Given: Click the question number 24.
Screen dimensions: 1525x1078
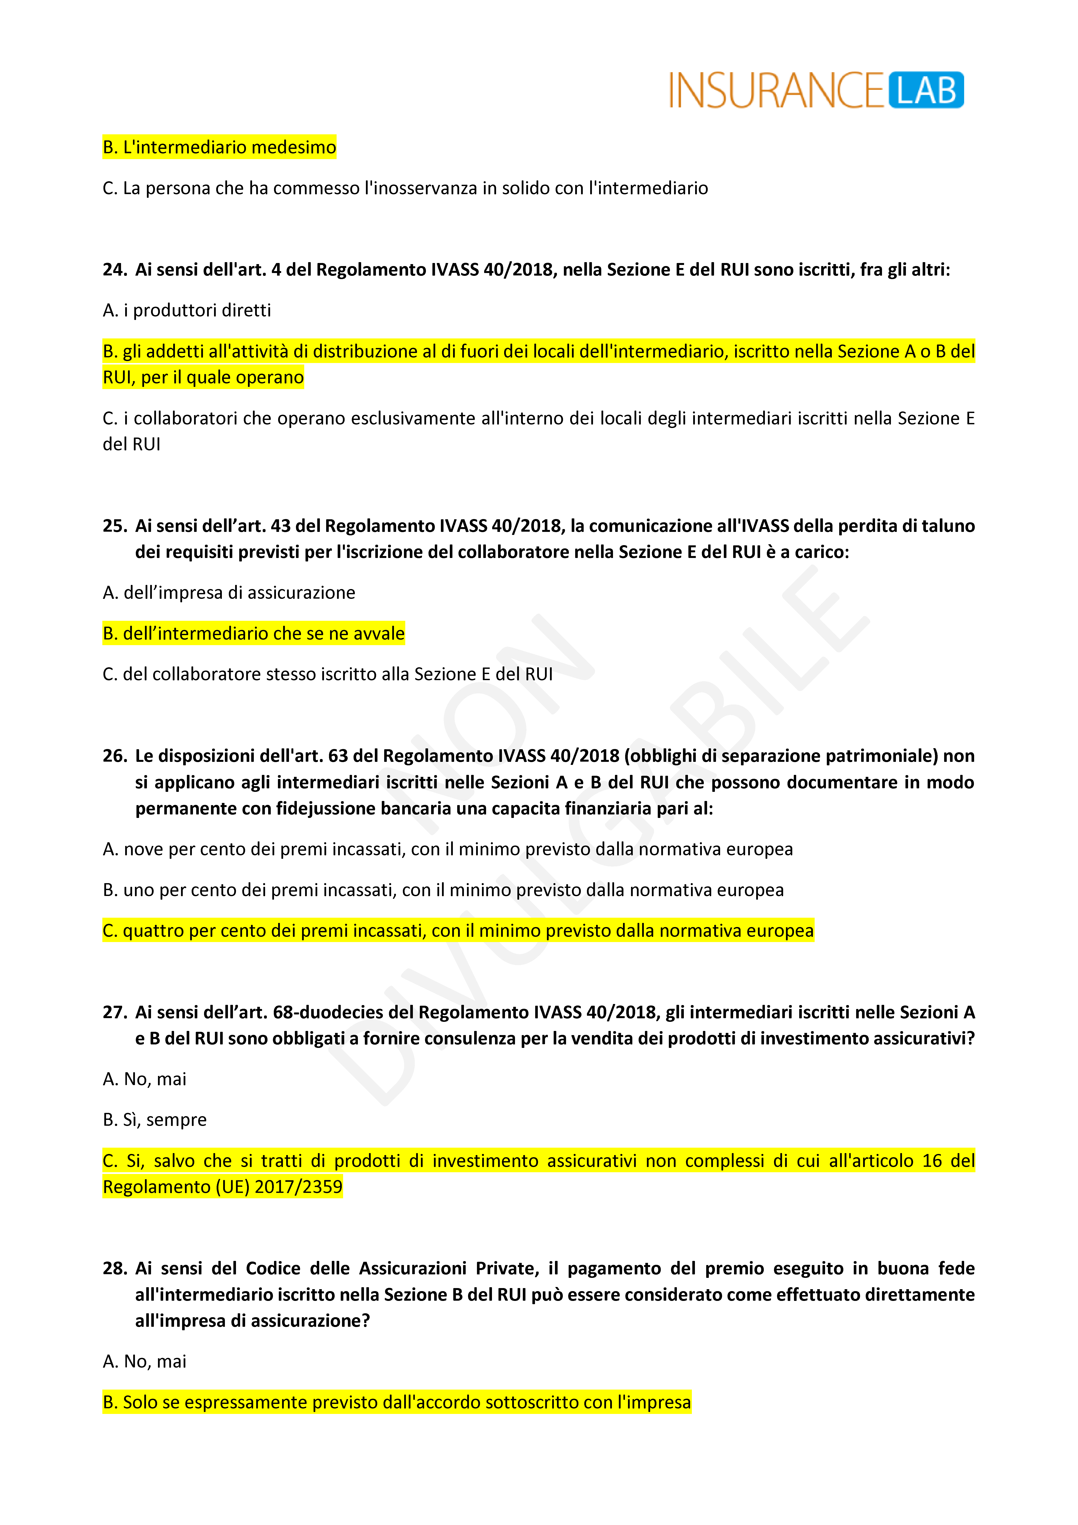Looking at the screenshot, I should (114, 270).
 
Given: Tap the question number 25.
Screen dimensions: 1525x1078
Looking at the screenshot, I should (114, 526).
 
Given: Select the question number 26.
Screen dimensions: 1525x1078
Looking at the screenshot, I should (114, 756).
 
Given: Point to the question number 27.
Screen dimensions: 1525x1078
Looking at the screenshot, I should (114, 1012).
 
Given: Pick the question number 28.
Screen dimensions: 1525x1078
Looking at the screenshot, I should (114, 1269).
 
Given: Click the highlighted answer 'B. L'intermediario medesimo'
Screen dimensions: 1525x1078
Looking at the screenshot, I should (219, 147).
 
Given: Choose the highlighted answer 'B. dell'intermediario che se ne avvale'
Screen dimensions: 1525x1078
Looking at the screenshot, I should (253, 634).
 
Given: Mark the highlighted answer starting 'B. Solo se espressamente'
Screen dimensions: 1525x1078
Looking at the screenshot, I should (397, 1402).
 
